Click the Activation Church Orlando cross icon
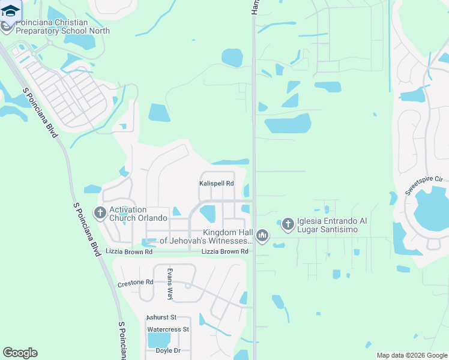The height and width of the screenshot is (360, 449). point(100,213)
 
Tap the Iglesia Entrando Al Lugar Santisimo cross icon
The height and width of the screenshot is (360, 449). point(288,224)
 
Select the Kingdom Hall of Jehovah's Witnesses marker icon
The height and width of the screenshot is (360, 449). point(262,236)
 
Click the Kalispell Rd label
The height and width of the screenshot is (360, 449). point(216,184)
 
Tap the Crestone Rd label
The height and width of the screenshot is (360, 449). point(136,283)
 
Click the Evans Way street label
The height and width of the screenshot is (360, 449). point(170,284)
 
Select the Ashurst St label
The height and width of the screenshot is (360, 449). point(161,317)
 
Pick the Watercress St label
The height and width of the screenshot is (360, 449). point(168,329)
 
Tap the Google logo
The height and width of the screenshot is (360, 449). point(20,353)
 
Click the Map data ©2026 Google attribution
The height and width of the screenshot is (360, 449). point(412,355)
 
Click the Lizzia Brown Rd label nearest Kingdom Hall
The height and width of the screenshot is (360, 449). point(224,251)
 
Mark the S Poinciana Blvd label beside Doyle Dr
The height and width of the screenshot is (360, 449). point(122,340)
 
